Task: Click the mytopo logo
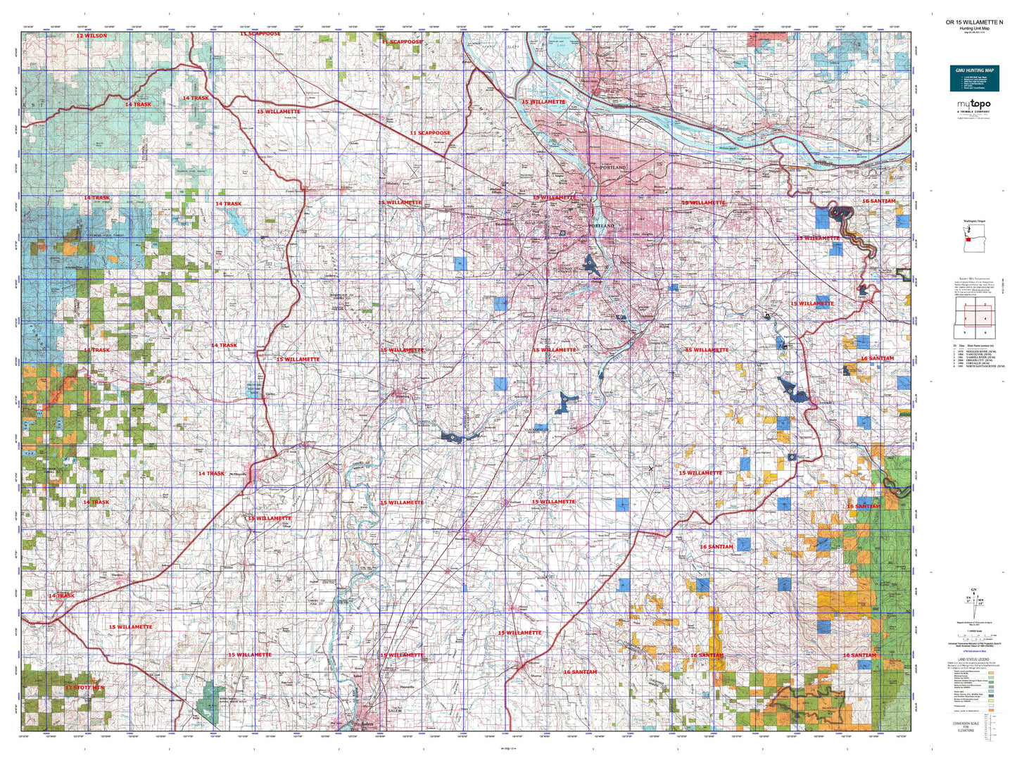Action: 973,105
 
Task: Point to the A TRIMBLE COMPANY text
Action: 973,112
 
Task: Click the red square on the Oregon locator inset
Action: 968,239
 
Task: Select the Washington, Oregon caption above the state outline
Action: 975,221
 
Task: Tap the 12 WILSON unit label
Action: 91,35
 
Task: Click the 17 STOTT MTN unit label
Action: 84,687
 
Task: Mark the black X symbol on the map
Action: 650,468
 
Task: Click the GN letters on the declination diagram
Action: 975,590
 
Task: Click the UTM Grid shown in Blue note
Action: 974,652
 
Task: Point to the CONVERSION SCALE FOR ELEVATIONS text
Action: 965,726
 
